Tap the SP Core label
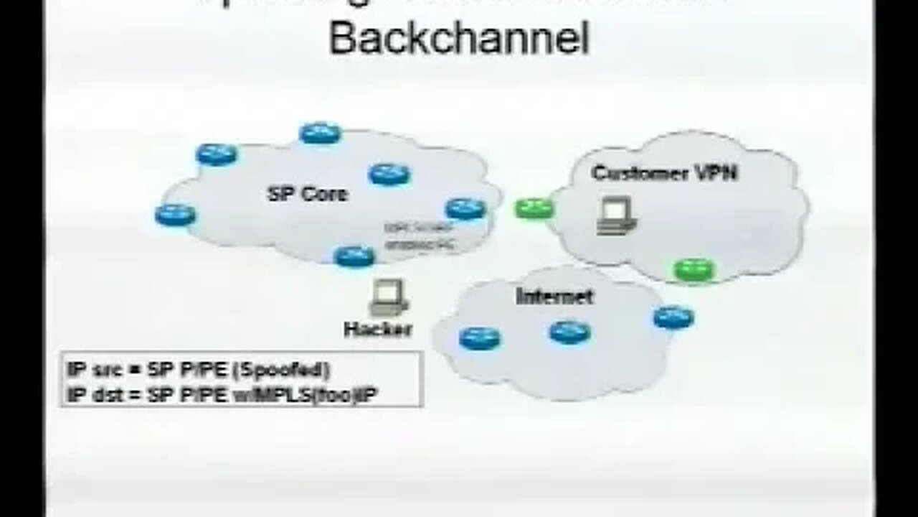[307, 194]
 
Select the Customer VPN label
[664, 173]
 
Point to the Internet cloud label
[554, 296]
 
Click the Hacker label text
[378, 330]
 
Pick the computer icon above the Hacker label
[388, 299]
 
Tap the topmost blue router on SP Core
[321, 133]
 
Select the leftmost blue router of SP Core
[175, 214]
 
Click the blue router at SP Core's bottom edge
[354, 256]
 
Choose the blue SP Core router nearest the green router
[465, 209]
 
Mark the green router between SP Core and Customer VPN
[534, 209]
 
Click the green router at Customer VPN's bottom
[694, 270]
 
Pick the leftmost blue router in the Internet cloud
[480, 337]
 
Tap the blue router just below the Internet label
[570, 332]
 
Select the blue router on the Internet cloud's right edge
[673, 317]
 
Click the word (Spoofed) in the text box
[295, 371]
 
